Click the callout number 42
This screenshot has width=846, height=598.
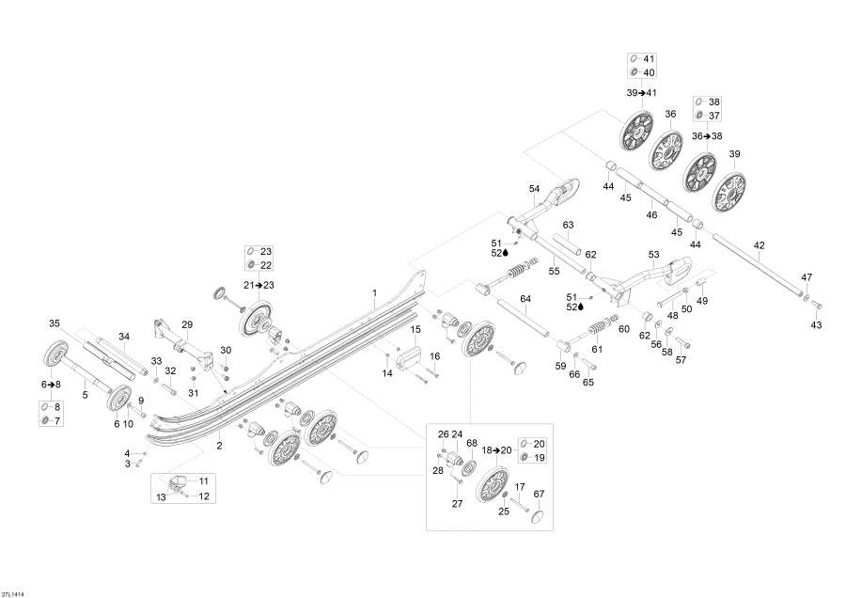759,245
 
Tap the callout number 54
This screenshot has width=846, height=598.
534,189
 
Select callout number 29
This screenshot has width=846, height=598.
187,325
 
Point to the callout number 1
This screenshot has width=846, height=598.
375,293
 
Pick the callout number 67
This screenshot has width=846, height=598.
539,494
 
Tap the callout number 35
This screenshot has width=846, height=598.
55,323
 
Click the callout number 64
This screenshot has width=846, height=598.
525,298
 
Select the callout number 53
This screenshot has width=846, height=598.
654,254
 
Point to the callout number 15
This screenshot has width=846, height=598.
415,330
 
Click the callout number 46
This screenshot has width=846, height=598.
651,214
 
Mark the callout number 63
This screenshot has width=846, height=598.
568,225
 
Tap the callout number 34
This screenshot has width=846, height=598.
124,337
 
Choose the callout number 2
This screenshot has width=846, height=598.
220,446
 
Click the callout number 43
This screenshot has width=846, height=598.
816,325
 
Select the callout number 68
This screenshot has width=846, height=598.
472,443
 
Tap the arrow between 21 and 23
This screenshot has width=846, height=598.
258,285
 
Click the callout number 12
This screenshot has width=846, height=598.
204,496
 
